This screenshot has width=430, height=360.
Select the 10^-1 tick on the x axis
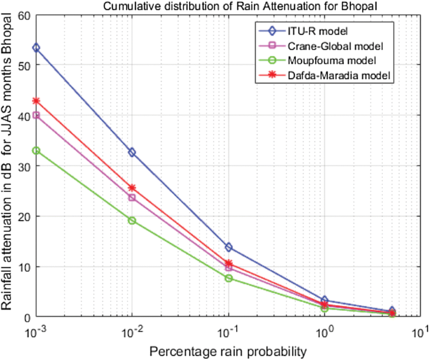[x=228, y=331]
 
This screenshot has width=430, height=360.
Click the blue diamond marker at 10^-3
[x=36, y=48]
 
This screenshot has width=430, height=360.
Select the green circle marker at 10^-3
[x=36, y=151]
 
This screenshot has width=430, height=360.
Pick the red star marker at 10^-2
[x=132, y=188]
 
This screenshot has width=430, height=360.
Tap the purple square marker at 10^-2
[x=132, y=197]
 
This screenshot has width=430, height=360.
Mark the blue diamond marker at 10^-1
[x=228, y=247]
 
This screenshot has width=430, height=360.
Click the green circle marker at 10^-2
[x=132, y=220]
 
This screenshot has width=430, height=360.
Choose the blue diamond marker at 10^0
[x=325, y=300]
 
